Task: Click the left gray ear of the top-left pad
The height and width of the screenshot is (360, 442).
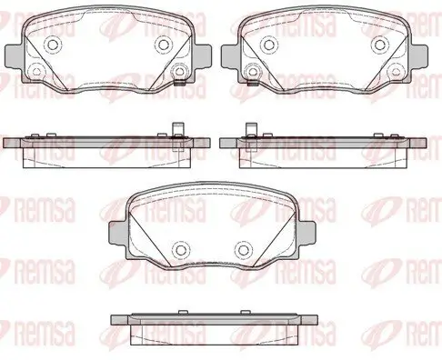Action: coord(14,56)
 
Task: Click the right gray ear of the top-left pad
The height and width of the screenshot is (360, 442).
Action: coord(203,56)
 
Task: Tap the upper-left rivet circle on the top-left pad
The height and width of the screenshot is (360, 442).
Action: coord(53,45)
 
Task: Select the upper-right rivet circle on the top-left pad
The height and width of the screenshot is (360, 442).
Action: coord(163,45)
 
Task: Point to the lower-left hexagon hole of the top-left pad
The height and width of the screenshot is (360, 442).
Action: coord(37,72)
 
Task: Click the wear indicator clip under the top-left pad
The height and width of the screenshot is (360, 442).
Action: coord(180,83)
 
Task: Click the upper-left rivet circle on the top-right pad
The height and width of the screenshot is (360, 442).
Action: coord(268,45)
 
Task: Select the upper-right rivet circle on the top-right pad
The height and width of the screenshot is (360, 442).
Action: coord(379,45)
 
